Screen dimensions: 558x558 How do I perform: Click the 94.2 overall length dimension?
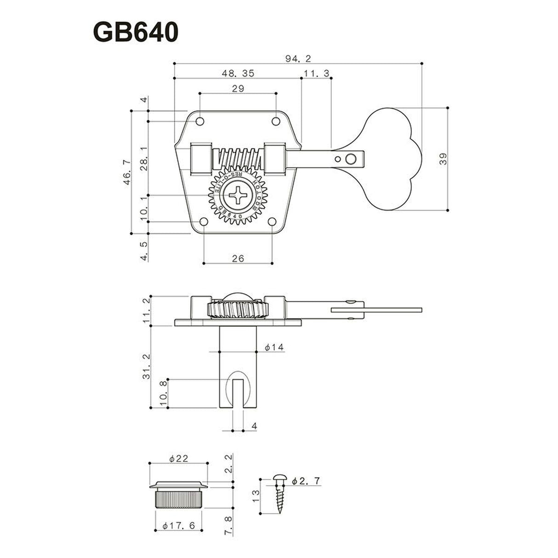[298, 58]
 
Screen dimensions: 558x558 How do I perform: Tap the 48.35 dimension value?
[238, 73]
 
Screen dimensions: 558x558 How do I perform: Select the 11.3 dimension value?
[315, 73]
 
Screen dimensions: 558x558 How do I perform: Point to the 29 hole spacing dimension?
[238, 89]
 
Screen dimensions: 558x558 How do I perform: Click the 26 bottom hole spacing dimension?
[238, 258]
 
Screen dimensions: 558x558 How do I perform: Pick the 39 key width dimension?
[442, 159]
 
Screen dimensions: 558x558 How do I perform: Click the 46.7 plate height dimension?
[127, 172]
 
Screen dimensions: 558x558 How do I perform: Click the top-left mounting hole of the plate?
[200, 121]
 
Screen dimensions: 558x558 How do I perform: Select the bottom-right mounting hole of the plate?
[272, 222]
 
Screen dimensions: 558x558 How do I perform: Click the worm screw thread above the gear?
[238, 159]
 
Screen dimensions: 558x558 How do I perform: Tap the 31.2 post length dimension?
[147, 366]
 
